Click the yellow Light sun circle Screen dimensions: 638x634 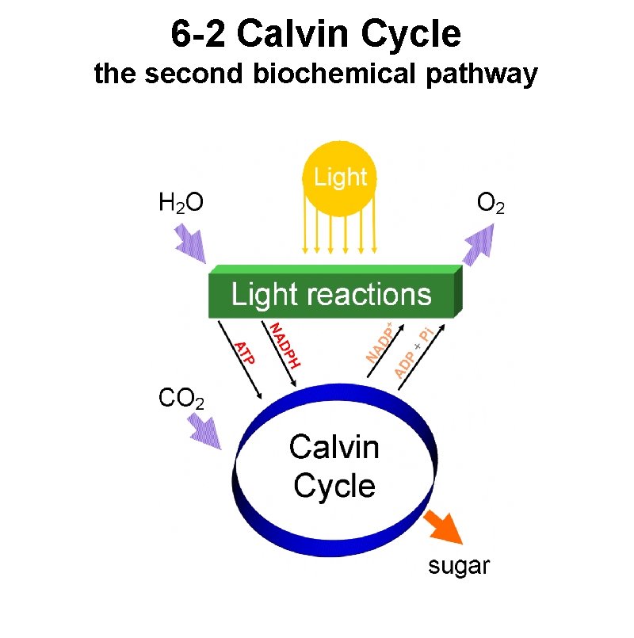pyautogui.click(x=341, y=178)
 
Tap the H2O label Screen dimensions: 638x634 pyautogui.click(x=181, y=204)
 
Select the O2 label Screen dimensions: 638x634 pyautogui.click(x=491, y=204)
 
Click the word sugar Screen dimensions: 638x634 pyautogui.click(x=459, y=566)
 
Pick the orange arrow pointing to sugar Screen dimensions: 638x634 pyautogui.click(x=443, y=527)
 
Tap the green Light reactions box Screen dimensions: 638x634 pyautogui.click(x=333, y=295)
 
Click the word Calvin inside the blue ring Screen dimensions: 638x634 pyautogui.click(x=334, y=448)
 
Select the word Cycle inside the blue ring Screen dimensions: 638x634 pyautogui.click(x=334, y=486)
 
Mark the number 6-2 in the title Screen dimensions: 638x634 pyautogui.click(x=198, y=34)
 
